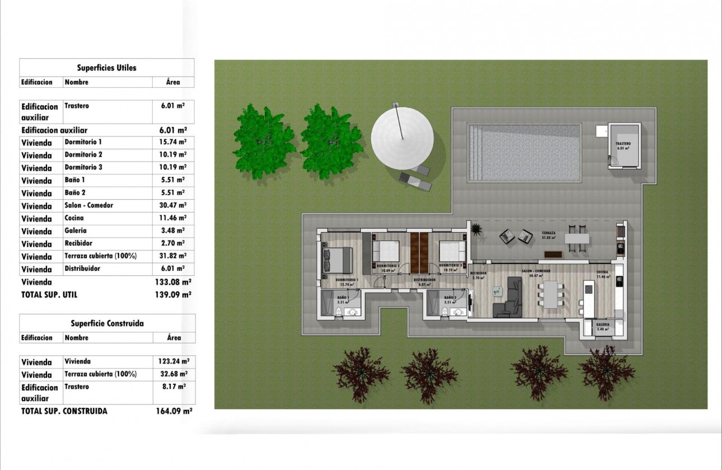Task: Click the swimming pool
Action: pyautogui.click(x=524, y=152)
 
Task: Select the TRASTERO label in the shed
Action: pyautogui.click(x=623, y=144)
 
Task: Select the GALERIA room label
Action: pyautogui.click(x=603, y=325)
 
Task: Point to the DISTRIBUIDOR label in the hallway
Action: pyautogui.click(x=424, y=279)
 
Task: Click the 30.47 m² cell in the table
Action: pyautogui.click(x=173, y=205)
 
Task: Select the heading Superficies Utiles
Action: pyautogui.click(x=106, y=68)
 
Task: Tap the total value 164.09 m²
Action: pyautogui.click(x=174, y=411)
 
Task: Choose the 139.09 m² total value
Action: pyautogui.click(x=173, y=294)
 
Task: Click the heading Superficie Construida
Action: pyautogui.click(x=107, y=323)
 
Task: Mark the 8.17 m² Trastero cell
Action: pyautogui.click(x=174, y=387)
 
